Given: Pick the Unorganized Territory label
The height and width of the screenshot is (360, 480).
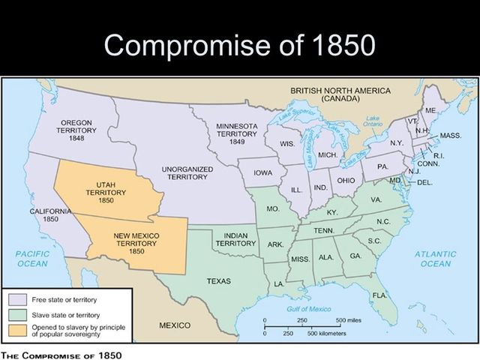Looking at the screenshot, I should [187, 173].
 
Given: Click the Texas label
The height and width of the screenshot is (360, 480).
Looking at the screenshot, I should [223, 281].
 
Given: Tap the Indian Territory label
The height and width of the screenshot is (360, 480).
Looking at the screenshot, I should [235, 239].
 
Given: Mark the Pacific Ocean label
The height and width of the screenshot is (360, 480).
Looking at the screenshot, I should [32, 259].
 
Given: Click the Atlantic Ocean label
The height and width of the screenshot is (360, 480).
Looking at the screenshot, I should [436, 259].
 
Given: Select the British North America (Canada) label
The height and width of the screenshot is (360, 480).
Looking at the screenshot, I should [340, 94].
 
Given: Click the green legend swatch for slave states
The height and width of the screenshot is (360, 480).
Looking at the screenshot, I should [14, 311].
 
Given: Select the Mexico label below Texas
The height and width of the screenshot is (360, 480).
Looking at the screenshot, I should [175, 326].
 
